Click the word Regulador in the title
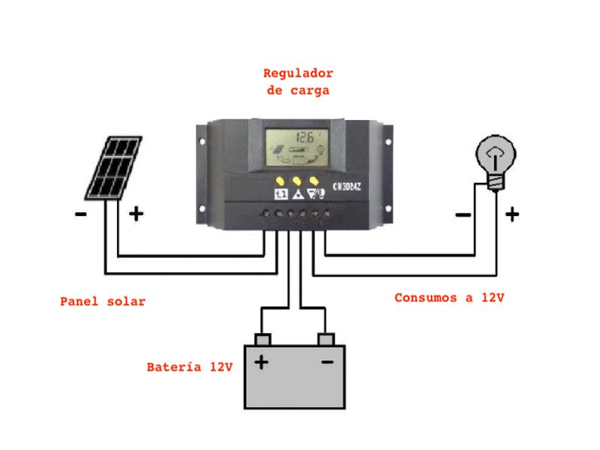coord(298,73)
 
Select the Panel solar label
coord(103,301)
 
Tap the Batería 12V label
coord(190,367)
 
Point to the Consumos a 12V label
coord(449,298)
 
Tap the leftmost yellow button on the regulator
coord(279,181)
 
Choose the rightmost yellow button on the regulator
coord(315,181)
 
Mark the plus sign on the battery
coord(261,363)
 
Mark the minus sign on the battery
coord(327,363)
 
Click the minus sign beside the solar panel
coord(80,215)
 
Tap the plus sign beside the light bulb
coord(511,215)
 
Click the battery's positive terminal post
coord(262,340)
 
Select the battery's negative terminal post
coord(326,340)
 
